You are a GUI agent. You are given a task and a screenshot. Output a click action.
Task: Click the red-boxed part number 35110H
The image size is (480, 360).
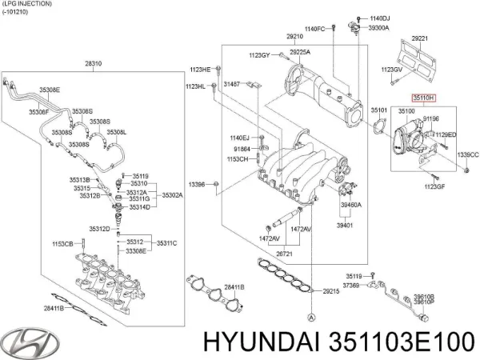(x=424, y=97)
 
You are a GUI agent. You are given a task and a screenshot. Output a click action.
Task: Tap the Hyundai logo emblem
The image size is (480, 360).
(x=26, y=338)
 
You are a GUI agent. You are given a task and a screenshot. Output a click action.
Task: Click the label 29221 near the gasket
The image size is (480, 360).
(x=421, y=38)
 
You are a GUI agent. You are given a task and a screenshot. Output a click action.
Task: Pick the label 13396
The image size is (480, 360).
(x=196, y=185)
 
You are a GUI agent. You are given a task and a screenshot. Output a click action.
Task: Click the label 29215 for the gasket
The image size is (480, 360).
(x=330, y=291)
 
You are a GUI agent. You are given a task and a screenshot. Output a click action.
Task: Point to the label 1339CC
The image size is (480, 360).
(x=466, y=154)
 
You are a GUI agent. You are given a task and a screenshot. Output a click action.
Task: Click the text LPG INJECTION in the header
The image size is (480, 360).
(x=27, y=4)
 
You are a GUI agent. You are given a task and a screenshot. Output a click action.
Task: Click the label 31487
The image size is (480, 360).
(x=232, y=83)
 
